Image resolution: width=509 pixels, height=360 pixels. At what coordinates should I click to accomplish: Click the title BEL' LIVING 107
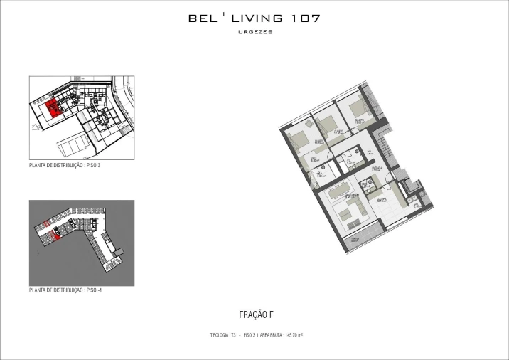click(x=254, y=18)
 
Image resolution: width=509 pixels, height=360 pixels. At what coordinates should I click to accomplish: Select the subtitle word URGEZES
click(x=254, y=33)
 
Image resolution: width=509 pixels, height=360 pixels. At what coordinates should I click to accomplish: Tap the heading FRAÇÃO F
click(x=254, y=314)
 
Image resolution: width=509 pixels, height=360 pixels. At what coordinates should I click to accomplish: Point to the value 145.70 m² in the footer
click(x=294, y=334)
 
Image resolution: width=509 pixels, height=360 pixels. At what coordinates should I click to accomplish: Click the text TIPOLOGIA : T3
click(x=223, y=334)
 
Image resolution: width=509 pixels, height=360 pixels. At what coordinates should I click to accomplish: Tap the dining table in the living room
click(x=338, y=189)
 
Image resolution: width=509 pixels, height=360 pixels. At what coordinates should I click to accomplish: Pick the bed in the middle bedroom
click(x=328, y=126)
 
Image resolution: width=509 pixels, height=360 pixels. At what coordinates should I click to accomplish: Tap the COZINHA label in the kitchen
click(x=381, y=199)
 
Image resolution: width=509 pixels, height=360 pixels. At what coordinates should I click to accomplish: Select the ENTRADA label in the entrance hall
click(x=376, y=169)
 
